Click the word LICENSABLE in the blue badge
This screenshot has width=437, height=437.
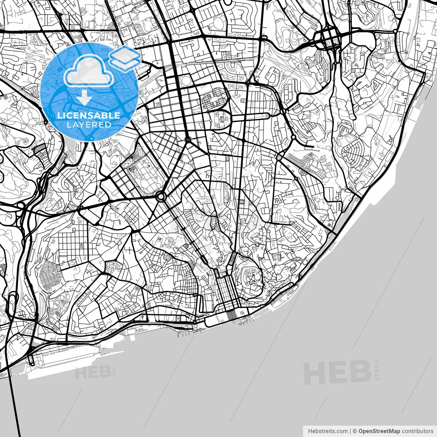point(89,115)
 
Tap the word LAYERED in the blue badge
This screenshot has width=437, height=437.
point(89,125)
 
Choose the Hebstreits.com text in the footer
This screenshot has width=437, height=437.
point(328,431)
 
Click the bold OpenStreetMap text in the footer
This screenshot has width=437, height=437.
point(379,431)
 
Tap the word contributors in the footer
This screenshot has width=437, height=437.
point(417,431)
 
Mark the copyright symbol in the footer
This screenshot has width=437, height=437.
point(355,431)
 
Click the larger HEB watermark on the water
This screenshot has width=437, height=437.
point(337,372)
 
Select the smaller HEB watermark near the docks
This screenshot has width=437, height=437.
point(93,372)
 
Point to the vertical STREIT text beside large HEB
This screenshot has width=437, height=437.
point(377,369)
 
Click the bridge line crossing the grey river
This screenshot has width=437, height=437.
point(14,403)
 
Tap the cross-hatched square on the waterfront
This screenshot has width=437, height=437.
point(231,314)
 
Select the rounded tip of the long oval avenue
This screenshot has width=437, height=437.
point(268,116)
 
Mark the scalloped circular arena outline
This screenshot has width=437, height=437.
point(186,81)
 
